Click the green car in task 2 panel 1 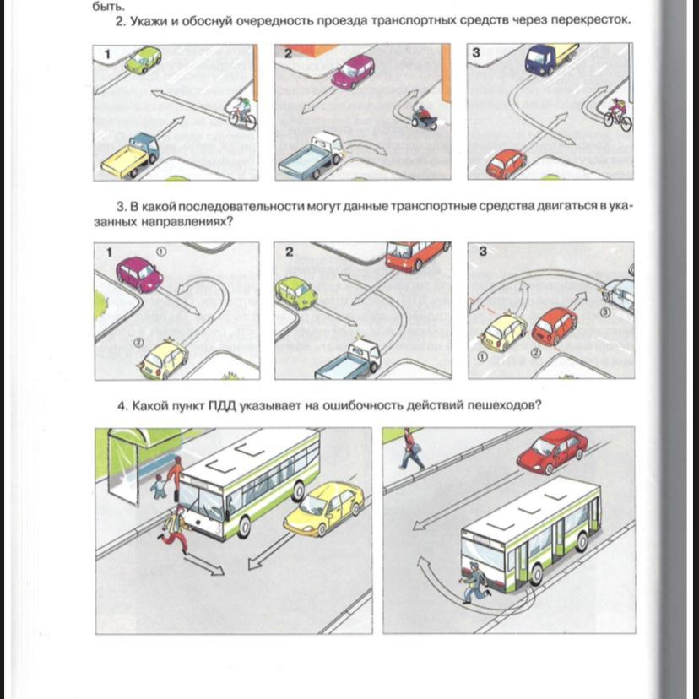click(x=144, y=60)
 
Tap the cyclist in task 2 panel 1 click(x=242, y=112)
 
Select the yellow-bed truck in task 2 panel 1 click(x=130, y=155)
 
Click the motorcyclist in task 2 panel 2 click(x=424, y=116)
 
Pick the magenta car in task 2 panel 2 click(x=353, y=72)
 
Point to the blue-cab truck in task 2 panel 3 click(x=551, y=58)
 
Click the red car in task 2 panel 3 click(x=507, y=164)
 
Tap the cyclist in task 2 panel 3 click(x=617, y=114)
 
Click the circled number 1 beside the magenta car click(x=161, y=252)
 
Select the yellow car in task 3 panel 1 click(x=164, y=360)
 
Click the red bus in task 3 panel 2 click(x=416, y=256)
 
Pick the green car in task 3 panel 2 click(x=296, y=292)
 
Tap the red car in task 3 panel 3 click(x=555, y=327)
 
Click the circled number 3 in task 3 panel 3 click(x=605, y=312)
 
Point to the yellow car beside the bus click(x=324, y=509)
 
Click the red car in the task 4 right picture click(x=552, y=450)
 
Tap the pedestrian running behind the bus click(x=475, y=582)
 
